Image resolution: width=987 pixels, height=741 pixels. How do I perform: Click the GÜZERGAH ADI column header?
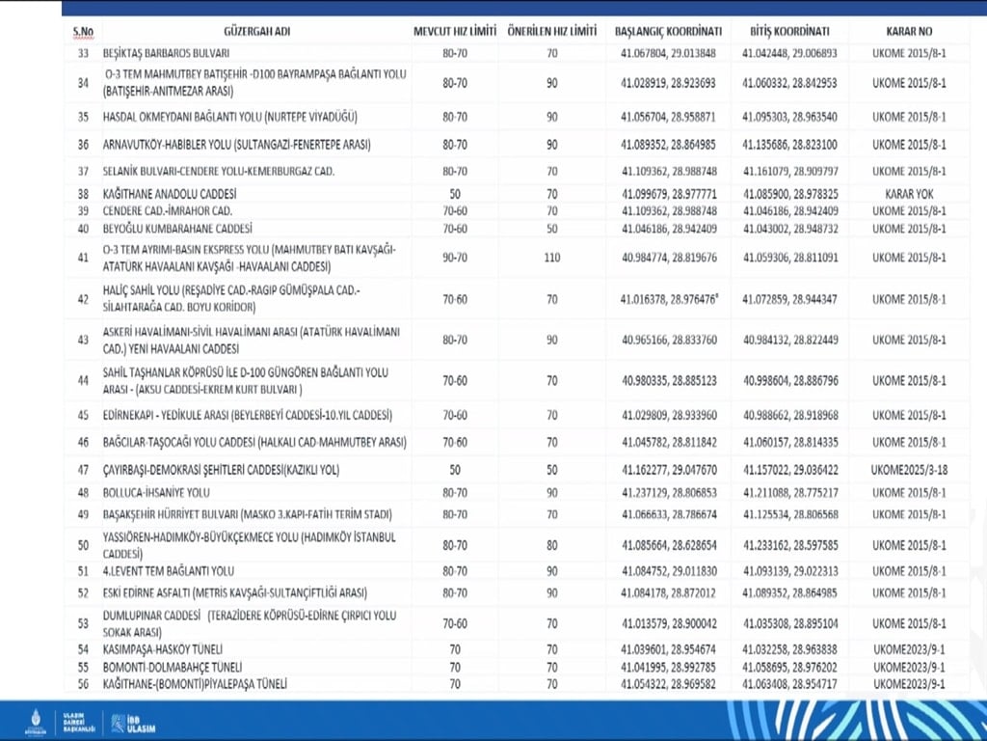click(255, 31)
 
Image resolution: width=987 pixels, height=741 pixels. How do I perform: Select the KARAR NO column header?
click(908, 31)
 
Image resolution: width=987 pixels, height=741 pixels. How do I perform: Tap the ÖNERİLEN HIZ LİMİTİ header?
click(552, 31)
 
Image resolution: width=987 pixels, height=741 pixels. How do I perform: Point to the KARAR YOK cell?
click(908, 193)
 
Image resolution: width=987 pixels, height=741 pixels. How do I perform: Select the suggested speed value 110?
click(552, 258)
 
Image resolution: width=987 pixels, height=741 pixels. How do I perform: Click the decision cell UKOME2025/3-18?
click(908, 470)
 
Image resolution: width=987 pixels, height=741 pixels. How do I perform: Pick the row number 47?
click(82, 470)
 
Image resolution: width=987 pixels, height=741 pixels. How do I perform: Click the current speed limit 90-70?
click(455, 258)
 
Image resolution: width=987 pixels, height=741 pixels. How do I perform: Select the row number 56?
click(82, 684)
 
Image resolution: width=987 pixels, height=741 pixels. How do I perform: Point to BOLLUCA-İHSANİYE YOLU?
click(156, 492)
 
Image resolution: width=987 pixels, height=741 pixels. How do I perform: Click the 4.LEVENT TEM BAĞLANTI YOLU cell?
click(169, 570)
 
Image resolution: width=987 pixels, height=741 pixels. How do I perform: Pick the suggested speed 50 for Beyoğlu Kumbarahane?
click(552, 229)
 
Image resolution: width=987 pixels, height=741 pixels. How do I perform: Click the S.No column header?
click(82, 31)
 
